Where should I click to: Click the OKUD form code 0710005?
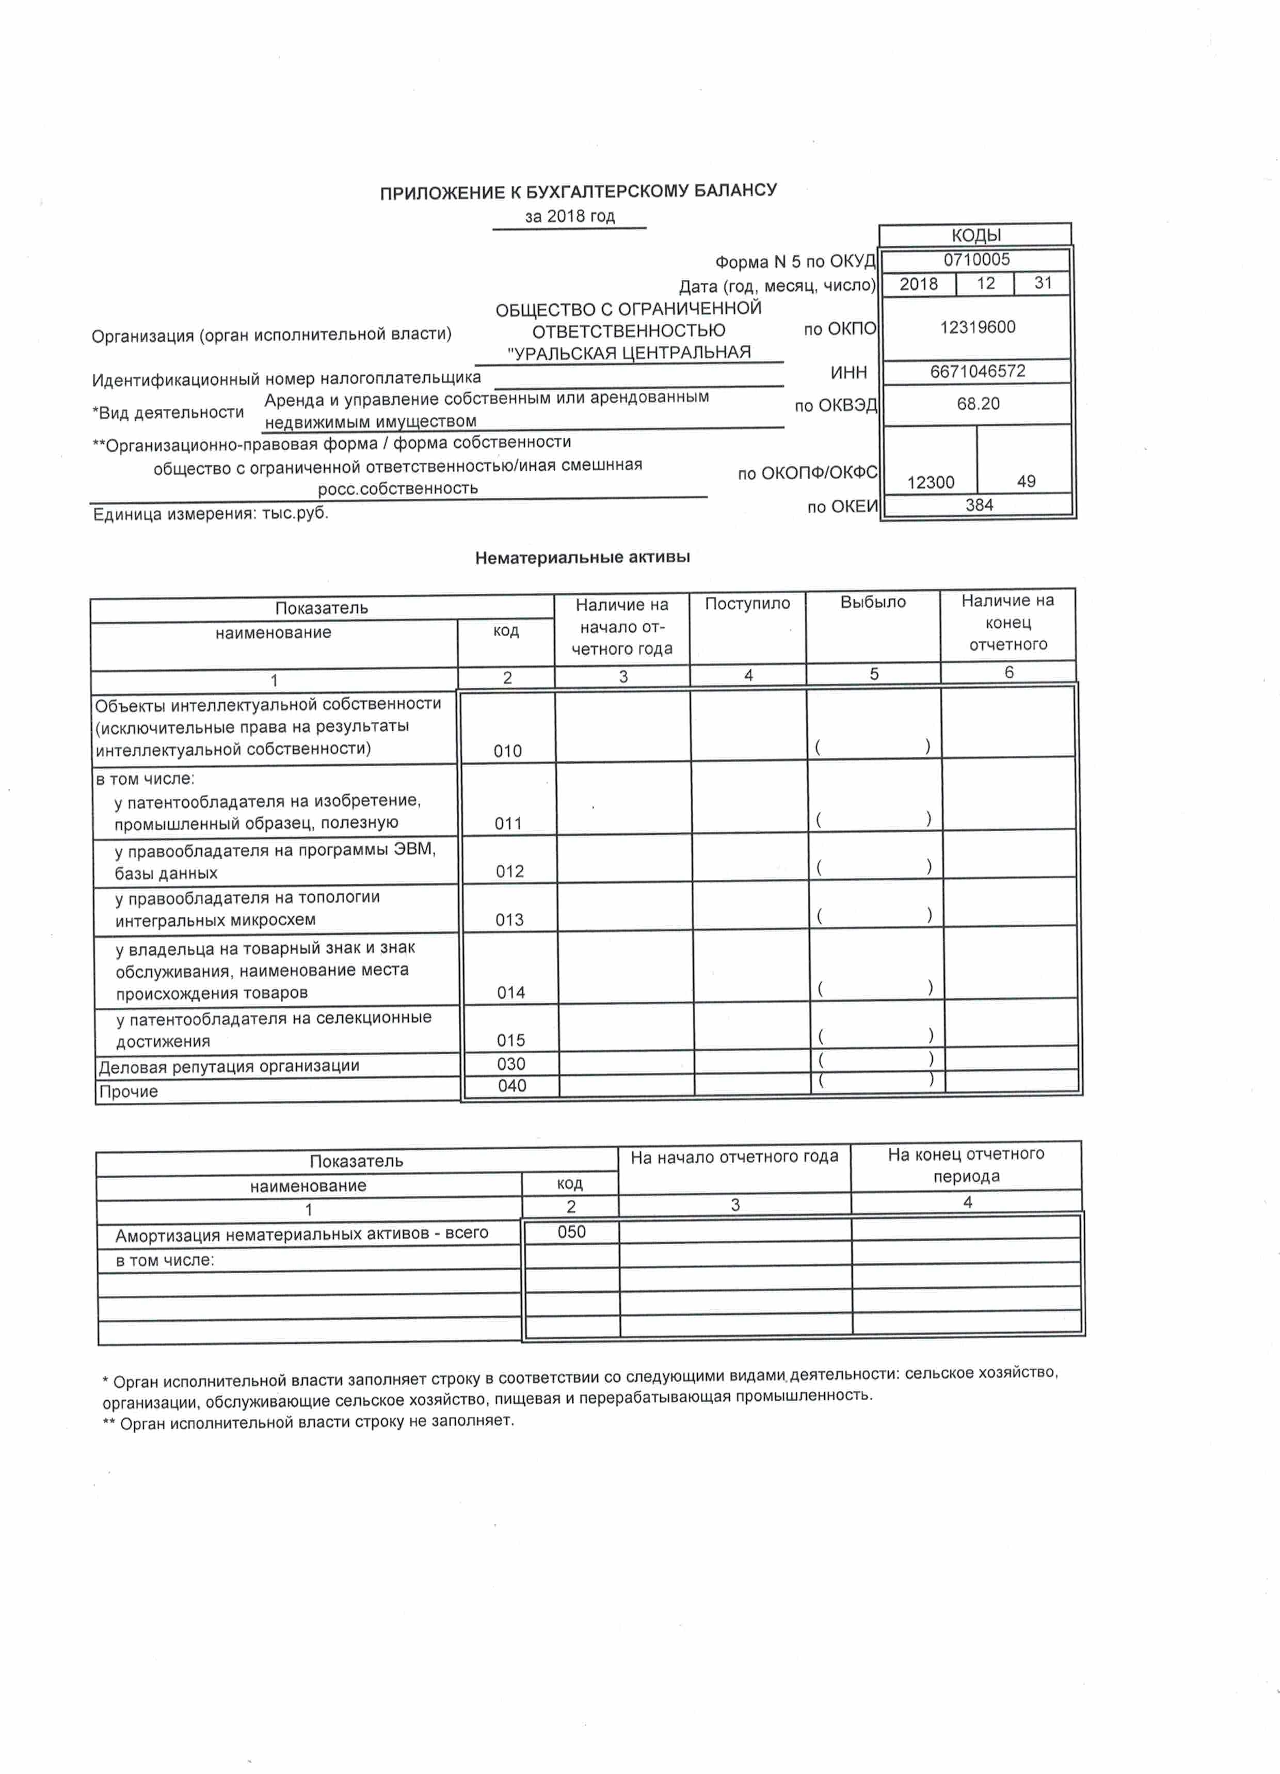(976, 260)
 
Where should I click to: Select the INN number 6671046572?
(978, 372)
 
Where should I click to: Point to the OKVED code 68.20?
(978, 404)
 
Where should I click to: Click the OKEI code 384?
(979, 505)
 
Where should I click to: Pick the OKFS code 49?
(1026, 482)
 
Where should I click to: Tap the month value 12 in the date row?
(985, 283)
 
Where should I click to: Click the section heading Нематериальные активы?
(583, 558)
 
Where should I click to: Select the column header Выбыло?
(873, 603)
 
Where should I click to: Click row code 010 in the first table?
(507, 751)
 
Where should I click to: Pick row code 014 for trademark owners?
(510, 993)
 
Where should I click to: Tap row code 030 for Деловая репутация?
(511, 1064)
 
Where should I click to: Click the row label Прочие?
(128, 1091)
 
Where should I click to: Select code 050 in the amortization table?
(571, 1232)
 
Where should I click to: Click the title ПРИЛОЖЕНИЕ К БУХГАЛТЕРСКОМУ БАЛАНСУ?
(579, 192)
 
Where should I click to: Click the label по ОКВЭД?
(836, 406)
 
